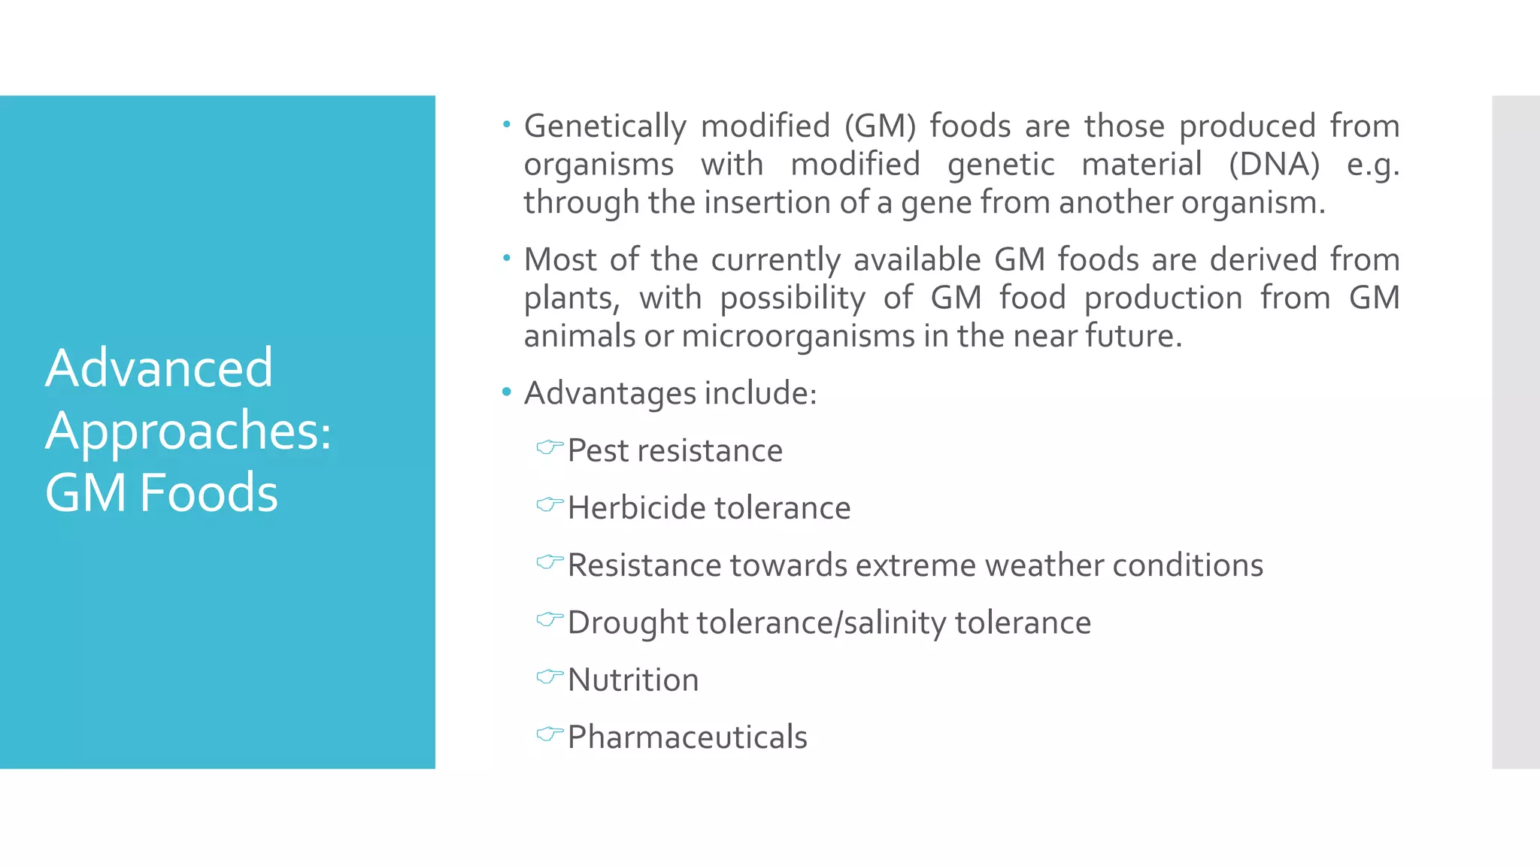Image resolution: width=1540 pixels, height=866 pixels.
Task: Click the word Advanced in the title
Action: pyautogui.click(x=159, y=368)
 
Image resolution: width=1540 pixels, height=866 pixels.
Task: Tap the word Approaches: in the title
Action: pyautogui.click(x=188, y=431)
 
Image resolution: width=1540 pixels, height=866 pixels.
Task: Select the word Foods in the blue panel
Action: pyautogui.click(x=208, y=493)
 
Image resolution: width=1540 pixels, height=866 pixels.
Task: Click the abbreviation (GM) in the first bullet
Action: pyautogui.click(x=880, y=126)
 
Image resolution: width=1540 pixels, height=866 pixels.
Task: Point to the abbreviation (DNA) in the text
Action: pyautogui.click(x=1274, y=164)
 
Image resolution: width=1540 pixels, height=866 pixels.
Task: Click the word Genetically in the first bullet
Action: pyautogui.click(x=605, y=126)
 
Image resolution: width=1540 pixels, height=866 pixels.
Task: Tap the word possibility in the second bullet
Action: pyautogui.click(x=793, y=298)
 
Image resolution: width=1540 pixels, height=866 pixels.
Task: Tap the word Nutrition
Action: pyautogui.click(x=633, y=680)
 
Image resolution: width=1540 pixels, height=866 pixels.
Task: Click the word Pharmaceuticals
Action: pyautogui.click(x=687, y=737)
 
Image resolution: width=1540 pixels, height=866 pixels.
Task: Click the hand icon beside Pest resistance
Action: pyautogui.click(x=550, y=447)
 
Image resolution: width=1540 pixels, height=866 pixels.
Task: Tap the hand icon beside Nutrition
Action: pyautogui.click(x=550, y=677)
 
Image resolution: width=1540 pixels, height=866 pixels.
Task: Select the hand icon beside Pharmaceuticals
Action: pyautogui.click(x=550, y=734)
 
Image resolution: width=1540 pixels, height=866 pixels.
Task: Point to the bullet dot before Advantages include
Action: pyautogui.click(x=507, y=392)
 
